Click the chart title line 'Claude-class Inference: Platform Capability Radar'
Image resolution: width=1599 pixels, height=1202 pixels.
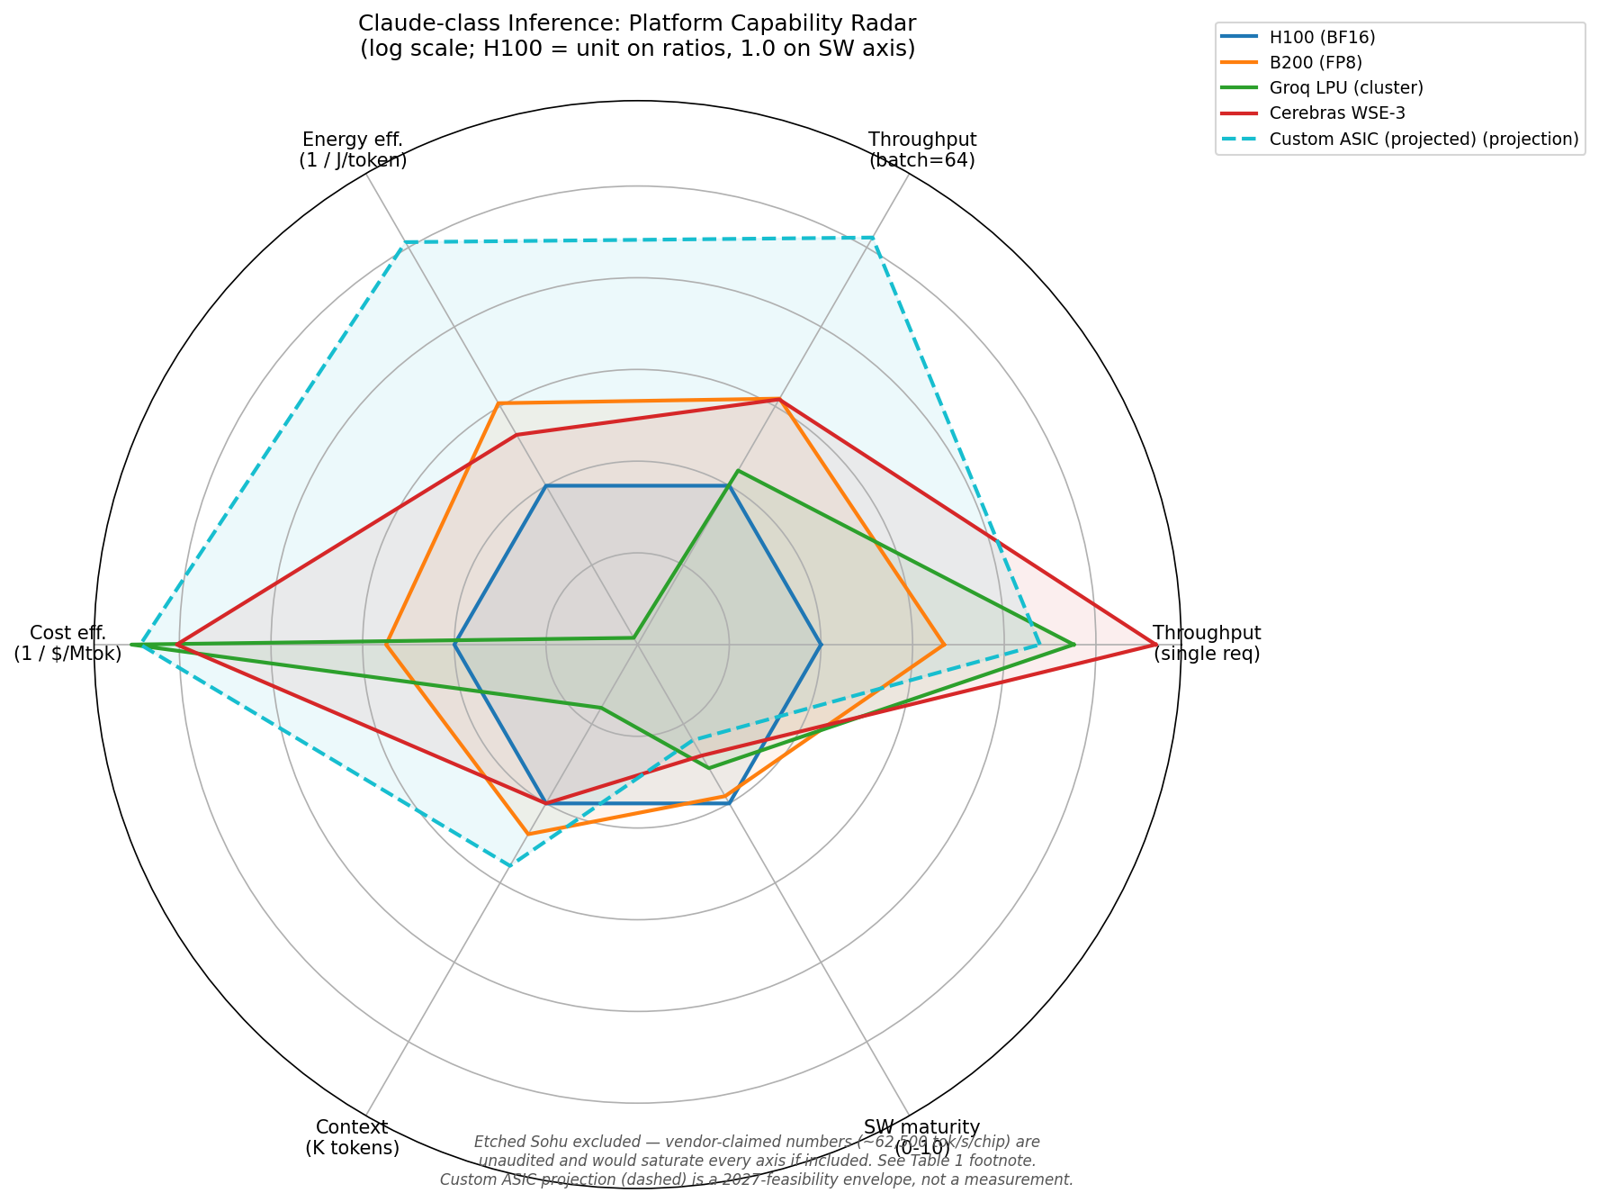click(637, 23)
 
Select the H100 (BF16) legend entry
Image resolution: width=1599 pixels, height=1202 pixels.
click(1322, 38)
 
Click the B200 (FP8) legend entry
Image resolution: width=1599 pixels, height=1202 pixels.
click(1316, 63)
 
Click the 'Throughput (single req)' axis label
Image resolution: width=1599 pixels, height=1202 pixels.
click(1207, 643)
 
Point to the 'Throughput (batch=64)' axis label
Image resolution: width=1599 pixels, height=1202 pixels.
click(921, 149)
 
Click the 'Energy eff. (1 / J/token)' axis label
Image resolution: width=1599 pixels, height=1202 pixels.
click(353, 149)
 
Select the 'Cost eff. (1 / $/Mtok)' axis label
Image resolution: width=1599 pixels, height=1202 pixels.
click(67, 643)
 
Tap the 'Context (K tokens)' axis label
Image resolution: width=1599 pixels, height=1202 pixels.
click(352, 1137)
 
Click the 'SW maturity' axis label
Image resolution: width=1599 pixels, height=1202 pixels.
click(921, 1127)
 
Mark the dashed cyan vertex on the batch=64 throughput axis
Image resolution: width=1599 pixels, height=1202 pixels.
click(873, 238)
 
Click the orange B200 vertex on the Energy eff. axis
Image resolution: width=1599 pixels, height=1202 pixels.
click(499, 404)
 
